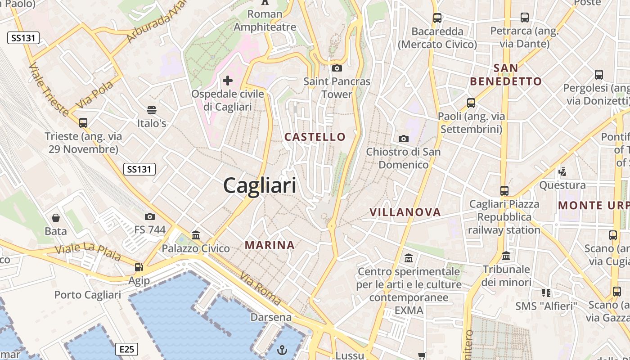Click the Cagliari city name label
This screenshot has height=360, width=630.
tap(260, 185)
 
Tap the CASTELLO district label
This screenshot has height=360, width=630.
tap(315, 137)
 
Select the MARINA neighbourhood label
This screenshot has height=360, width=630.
tap(270, 245)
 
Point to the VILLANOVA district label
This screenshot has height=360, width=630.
tap(405, 212)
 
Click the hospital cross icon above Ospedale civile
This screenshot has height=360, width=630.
tap(228, 81)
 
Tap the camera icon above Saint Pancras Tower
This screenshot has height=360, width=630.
tap(337, 68)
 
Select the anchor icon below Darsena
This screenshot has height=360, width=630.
tap(282, 350)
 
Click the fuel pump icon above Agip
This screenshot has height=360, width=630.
tap(139, 267)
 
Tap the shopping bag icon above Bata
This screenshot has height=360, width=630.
tap(56, 218)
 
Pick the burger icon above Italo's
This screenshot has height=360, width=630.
tap(152, 110)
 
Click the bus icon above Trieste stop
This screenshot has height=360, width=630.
tap(83, 122)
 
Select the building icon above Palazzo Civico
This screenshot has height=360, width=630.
tap(196, 235)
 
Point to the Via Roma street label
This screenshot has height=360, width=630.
tap(261, 288)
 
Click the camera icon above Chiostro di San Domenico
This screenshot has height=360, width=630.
tap(404, 139)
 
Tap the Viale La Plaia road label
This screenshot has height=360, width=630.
tap(88, 252)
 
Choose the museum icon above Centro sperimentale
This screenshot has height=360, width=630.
tap(409, 258)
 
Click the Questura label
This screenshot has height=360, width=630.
tap(562, 185)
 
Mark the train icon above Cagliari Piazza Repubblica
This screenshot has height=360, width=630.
tap(504, 190)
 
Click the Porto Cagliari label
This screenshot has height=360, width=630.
tap(88, 295)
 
